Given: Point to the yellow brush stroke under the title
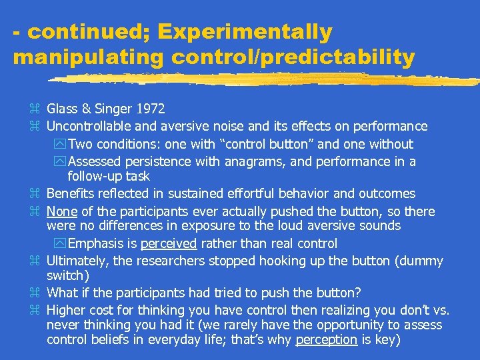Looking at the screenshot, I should coord(267,79).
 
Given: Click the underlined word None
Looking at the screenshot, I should coord(61,212).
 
